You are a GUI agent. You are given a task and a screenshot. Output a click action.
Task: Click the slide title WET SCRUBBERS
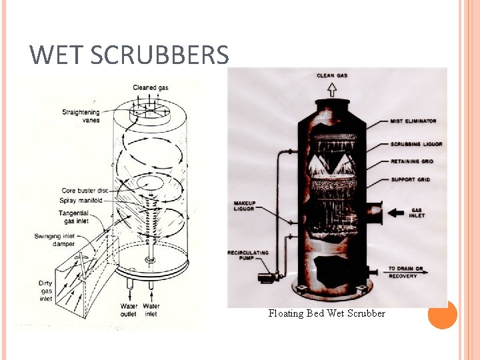pyautogui.click(x=129, y=55)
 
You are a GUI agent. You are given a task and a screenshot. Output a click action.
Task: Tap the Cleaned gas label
pyautogui.click(x=150, y=87)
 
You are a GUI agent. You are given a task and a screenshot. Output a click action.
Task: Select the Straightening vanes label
pyautogui.click(x=81, y=116)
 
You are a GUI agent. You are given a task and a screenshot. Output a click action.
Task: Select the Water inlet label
pyautogui.click(x=151, y=310)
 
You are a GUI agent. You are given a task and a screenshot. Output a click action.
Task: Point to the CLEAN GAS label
pyautogui.click(x=331, y=75)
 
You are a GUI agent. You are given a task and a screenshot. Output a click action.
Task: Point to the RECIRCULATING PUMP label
pyautogui.click(x=247, y=257)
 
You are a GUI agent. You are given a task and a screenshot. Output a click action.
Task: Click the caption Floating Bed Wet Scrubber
pyautogui.click(x=327, y=313)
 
